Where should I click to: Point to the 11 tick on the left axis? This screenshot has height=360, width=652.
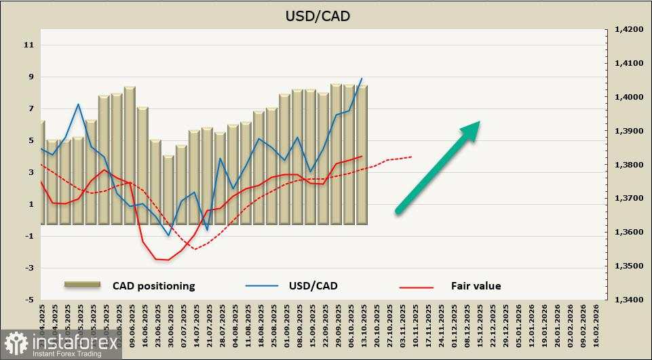point(28,45)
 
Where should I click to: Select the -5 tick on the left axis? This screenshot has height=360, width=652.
point(28,300)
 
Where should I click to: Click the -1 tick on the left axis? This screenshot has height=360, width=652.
point(28,236)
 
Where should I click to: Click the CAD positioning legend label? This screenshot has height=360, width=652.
point(153,286)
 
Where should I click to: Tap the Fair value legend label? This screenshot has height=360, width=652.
point(476,286)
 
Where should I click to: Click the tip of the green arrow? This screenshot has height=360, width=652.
point(480,122)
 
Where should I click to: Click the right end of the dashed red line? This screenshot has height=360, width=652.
point(411,157)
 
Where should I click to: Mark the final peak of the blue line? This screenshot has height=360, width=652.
point(362,79)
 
